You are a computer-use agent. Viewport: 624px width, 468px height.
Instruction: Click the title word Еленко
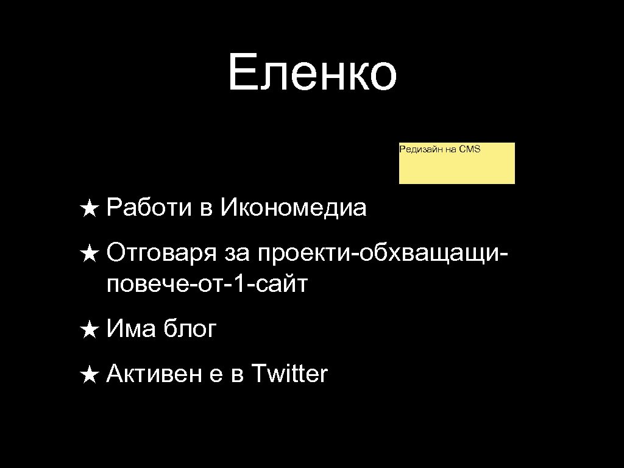[x=312, y=74]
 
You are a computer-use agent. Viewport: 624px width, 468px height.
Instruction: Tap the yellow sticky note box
[x=456, y=168]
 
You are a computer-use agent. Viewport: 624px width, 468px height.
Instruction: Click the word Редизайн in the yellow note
[x=417, y=149]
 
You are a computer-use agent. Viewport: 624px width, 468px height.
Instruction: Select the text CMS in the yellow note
[x=470, y=149]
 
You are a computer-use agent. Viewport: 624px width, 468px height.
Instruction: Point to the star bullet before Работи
[x=89, y=209]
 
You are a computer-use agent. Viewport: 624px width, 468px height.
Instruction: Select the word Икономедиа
[x=294, y=208]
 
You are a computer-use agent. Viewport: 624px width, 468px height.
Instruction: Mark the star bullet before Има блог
[x=89, y=331]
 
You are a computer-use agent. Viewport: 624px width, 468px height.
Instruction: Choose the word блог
[x=190, y=330]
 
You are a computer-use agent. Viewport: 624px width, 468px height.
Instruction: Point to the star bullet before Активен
[x=89, y=375]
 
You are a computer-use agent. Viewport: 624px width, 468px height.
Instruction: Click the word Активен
[x=154, y=374]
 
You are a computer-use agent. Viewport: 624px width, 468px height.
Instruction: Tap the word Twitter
[x=289, y=374]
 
